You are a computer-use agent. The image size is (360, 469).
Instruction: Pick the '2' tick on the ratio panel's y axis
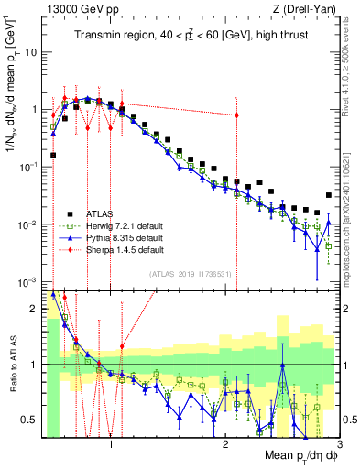pyautogui.click(x=33, y=308)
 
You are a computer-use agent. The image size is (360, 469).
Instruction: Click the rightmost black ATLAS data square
pyautogui.click(x=329, y=195)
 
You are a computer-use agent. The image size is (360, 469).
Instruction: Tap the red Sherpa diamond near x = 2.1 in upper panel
pyautogui.click(x=237, y=115)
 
